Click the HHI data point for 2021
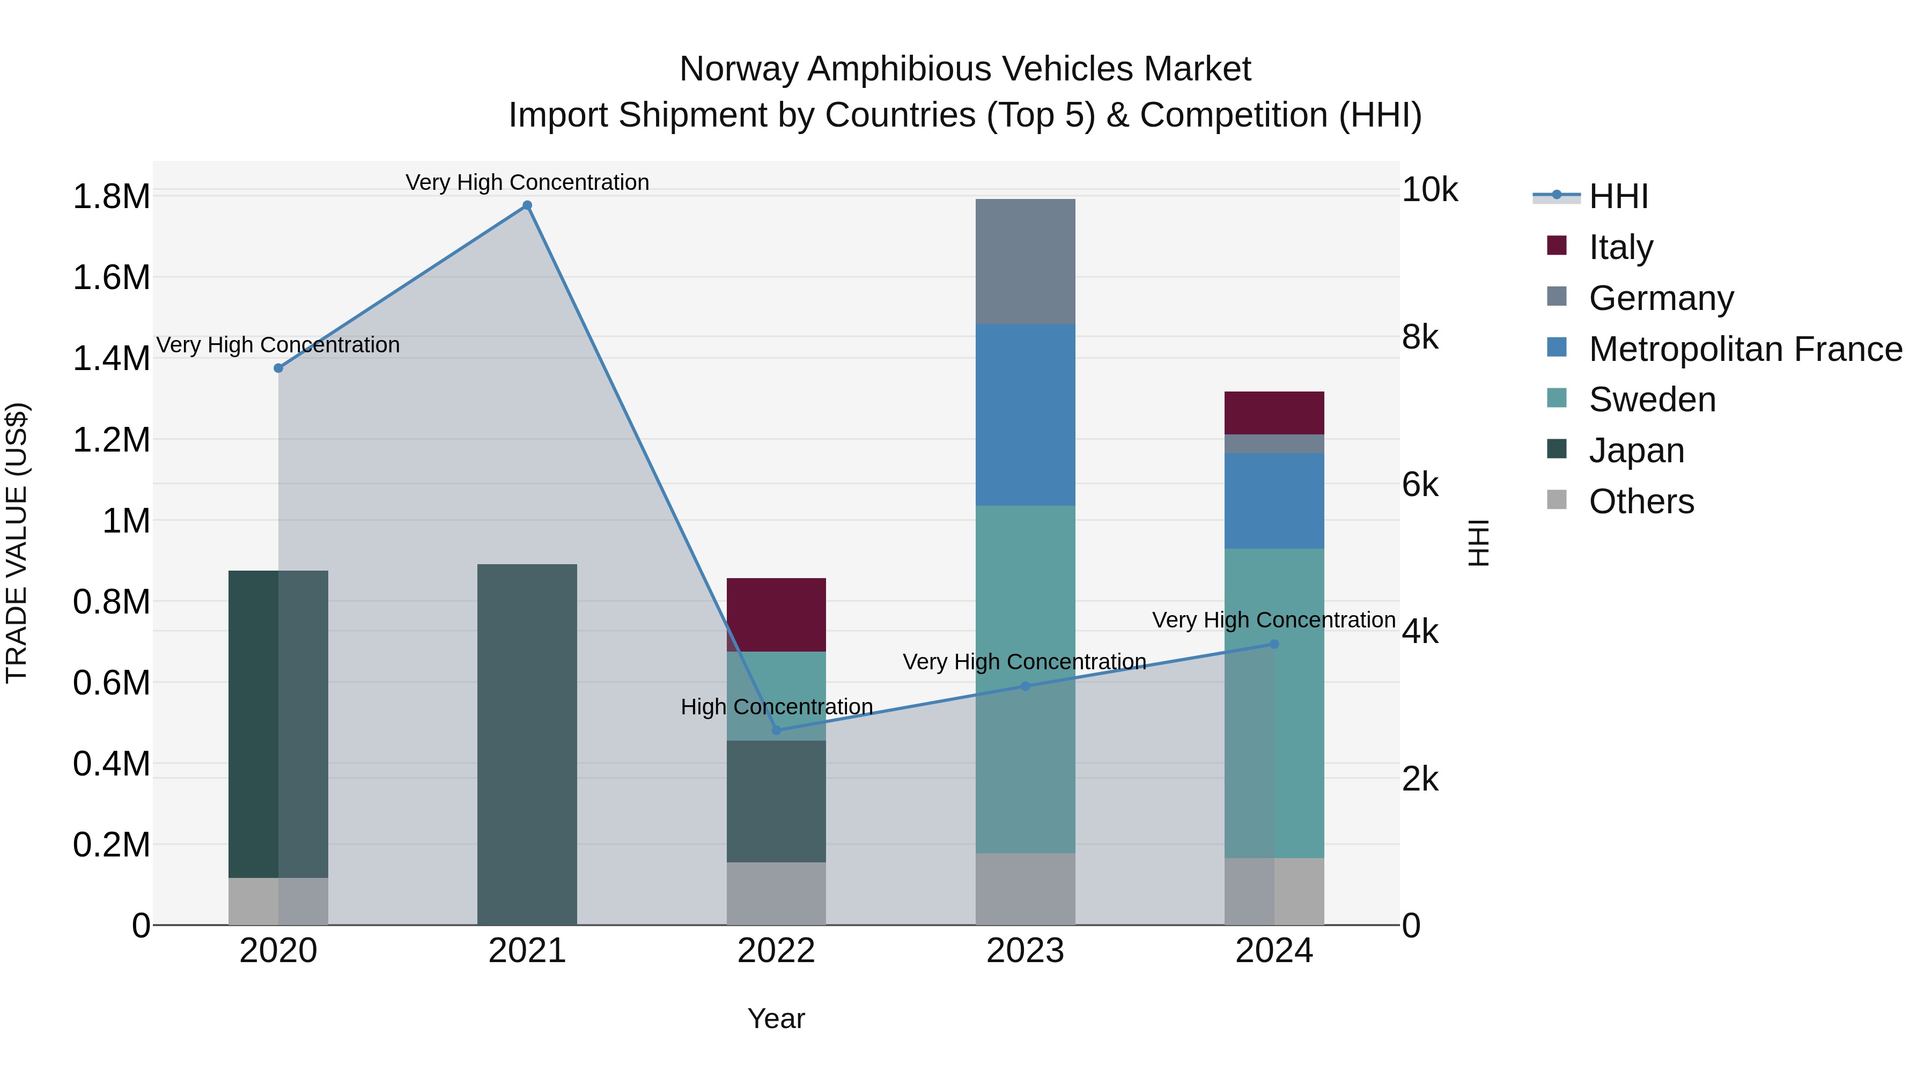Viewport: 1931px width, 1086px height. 527,205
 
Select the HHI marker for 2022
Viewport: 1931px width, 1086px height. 777,730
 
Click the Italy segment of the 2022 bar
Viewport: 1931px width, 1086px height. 777,615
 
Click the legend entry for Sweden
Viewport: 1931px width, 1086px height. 1652,400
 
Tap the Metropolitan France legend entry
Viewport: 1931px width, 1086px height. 1744,349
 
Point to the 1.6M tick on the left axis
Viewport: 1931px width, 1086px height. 111,277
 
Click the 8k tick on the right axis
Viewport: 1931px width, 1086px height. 1420,337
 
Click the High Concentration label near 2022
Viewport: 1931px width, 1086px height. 777,707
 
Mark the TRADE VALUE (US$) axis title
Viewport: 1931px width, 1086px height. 17,543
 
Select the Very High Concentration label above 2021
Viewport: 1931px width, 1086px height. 527,182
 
